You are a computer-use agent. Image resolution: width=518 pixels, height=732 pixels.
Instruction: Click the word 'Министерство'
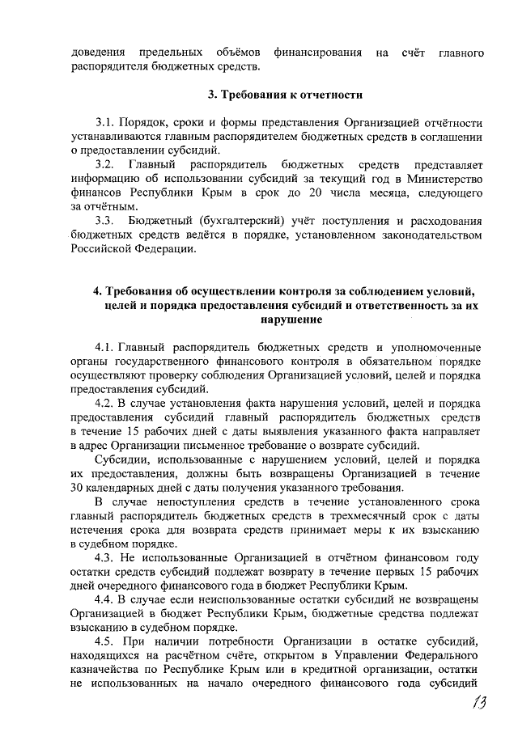coord(448,179)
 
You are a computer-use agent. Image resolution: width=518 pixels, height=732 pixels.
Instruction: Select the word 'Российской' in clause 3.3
coord(101,248)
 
